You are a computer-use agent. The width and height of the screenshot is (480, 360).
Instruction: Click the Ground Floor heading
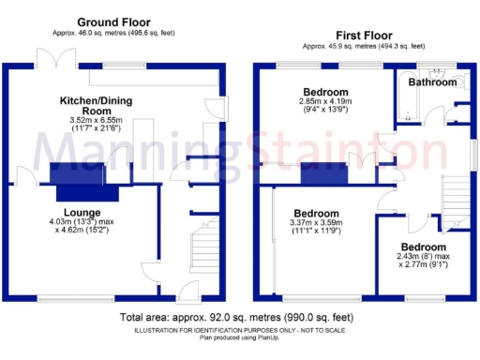point(115,22)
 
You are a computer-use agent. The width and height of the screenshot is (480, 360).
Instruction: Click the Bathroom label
point(431,82)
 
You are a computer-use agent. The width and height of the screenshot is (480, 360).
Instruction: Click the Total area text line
point(239,318)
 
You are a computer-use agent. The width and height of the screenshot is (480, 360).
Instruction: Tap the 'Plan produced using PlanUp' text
point(239,337)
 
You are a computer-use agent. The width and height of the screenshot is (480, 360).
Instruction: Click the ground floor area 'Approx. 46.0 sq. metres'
point(115,33)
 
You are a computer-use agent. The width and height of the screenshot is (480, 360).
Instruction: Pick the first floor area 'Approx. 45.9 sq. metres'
point(361,46)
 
